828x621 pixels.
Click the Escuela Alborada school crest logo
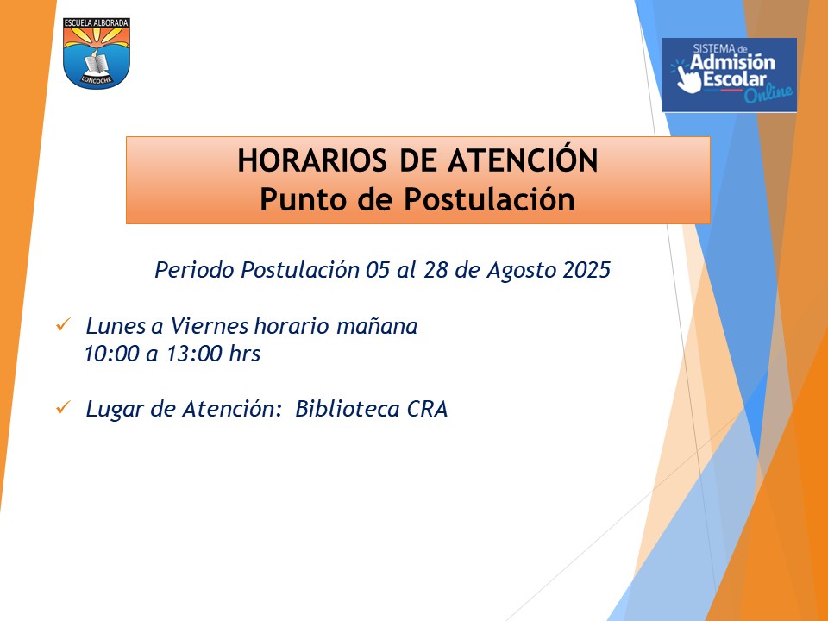click(x=96, y=53)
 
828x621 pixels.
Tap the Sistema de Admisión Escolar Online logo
click(x=729, y=75)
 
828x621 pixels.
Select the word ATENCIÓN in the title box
click(x=523, y=160)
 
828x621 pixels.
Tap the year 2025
click(x=586, y=270)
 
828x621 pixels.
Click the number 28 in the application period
click(x=436, y=270)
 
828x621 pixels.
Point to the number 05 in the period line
click(x=378, y=270)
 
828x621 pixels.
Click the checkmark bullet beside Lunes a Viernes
click(x=63, y=325)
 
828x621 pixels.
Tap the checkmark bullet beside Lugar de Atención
click(x=63, y=407)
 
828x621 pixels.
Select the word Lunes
click(x=116, y=326)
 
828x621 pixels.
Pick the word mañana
click(x=377, y=327)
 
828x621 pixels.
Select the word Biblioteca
click(x=347, y=409)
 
